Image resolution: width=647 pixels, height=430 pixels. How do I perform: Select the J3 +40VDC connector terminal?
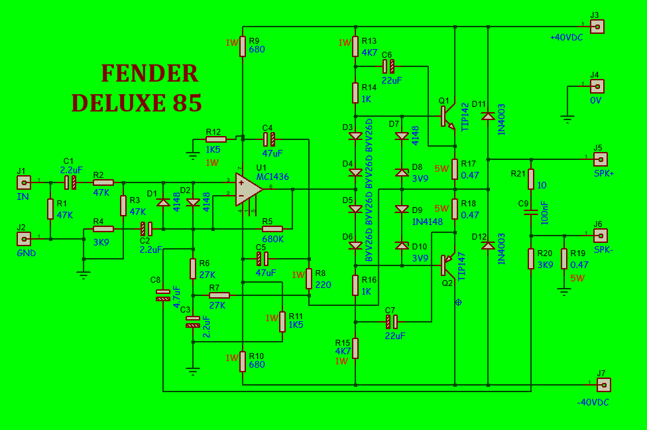coord(597,27)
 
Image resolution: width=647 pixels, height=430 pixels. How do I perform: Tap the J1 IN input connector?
coord(24,182)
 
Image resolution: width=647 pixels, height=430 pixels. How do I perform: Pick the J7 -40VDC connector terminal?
coord(603,385)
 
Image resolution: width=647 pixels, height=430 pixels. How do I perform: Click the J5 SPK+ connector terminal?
coord(600,159)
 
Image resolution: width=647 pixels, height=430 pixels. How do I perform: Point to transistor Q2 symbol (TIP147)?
coord(446,264)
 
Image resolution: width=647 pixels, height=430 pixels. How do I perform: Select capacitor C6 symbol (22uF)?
coord(388,66)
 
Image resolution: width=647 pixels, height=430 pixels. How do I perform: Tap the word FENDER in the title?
coord(149,74)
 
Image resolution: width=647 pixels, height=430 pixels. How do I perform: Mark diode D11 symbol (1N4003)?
coord(488,117)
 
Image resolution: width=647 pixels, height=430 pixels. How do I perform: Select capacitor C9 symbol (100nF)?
coord(530,213)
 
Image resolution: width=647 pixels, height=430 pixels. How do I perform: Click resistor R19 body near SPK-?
coord(564,259)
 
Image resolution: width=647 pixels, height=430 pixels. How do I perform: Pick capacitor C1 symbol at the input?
coord(70,182)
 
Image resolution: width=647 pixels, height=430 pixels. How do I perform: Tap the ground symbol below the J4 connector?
coord(567,119)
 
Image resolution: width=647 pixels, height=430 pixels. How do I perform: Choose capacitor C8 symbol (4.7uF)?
coord(162,295)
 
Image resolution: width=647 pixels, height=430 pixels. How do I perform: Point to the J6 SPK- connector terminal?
coord(600,235)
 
